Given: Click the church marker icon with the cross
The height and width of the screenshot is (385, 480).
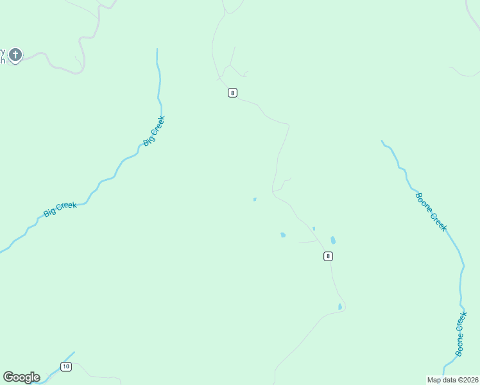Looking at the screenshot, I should [x=15, y=55].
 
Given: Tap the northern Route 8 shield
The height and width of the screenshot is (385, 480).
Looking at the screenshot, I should [x=232, y=93].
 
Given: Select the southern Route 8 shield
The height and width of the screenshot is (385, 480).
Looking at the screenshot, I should [x=328, y=256].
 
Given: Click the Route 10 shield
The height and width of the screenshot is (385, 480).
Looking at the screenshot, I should [x=66, y=366].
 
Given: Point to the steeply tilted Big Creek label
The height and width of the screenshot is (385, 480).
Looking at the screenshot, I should [x=154, y=131].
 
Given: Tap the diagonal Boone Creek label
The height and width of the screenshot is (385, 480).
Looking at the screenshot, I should [x=431, y=212].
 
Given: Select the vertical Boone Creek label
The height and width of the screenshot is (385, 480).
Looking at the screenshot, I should [x=460, y=334].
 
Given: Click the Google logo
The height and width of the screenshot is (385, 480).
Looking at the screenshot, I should [x=21, y=377].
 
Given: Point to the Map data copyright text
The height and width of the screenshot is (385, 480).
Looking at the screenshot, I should [x=452, y=380].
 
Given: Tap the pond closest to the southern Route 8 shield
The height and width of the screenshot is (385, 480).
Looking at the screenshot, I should [x=333, y=241].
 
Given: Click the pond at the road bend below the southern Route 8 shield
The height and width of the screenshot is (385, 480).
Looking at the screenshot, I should [x=340, y=307].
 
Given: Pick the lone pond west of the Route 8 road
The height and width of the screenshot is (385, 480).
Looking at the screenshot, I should [x=255, y=200].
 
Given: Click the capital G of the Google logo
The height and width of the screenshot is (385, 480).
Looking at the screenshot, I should [x=8, y=377].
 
